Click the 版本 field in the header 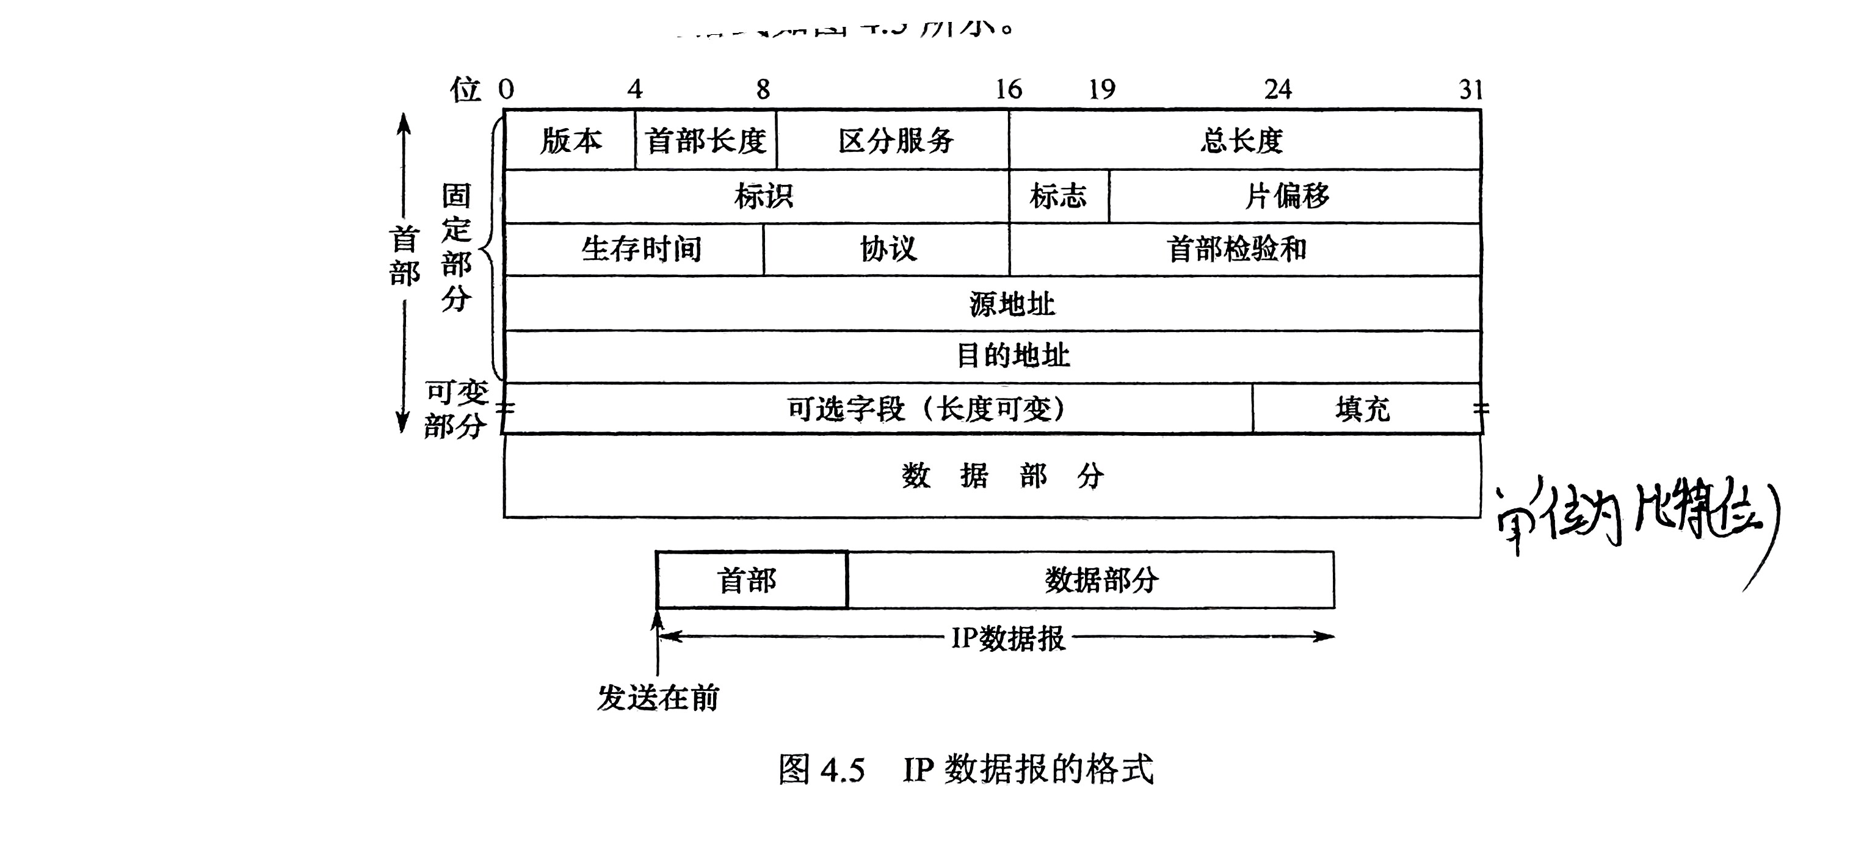click(570, 140)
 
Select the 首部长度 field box click(705, 140)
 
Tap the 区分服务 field click(894, 140)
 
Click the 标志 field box click(1058, 197)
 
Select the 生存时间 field click(640, 250)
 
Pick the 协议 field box click(888, 250)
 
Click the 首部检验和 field click(1238, 250)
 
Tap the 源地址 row click(1012, 304)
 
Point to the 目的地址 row click(1012, 356)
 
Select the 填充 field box click(1363, 409)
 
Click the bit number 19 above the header click(1102, 90)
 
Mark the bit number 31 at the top click(1471, 90)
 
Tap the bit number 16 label click(1009, 90)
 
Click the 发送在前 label click(658, 698)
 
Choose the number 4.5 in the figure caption click(842, 770)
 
